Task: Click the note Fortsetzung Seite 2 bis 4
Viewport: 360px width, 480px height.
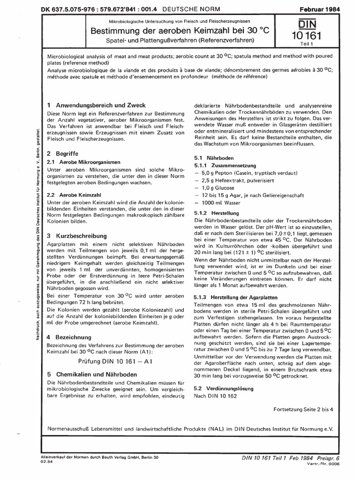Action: click(303, 409)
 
